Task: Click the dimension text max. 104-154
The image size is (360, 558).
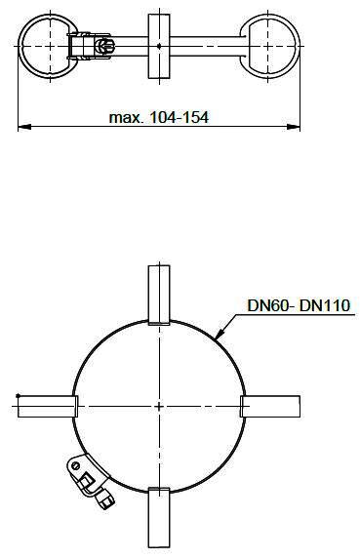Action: pos(159,117)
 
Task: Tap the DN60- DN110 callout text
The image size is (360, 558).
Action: pos(299,305)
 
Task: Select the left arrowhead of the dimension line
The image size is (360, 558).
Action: pos(25,127)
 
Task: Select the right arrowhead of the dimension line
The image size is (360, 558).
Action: pos(294,127)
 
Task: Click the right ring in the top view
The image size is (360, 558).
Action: pos(298,46)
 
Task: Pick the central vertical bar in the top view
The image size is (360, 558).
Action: pos(159,46)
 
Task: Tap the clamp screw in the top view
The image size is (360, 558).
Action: pos(104,46)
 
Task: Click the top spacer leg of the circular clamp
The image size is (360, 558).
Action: pos(159,295)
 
